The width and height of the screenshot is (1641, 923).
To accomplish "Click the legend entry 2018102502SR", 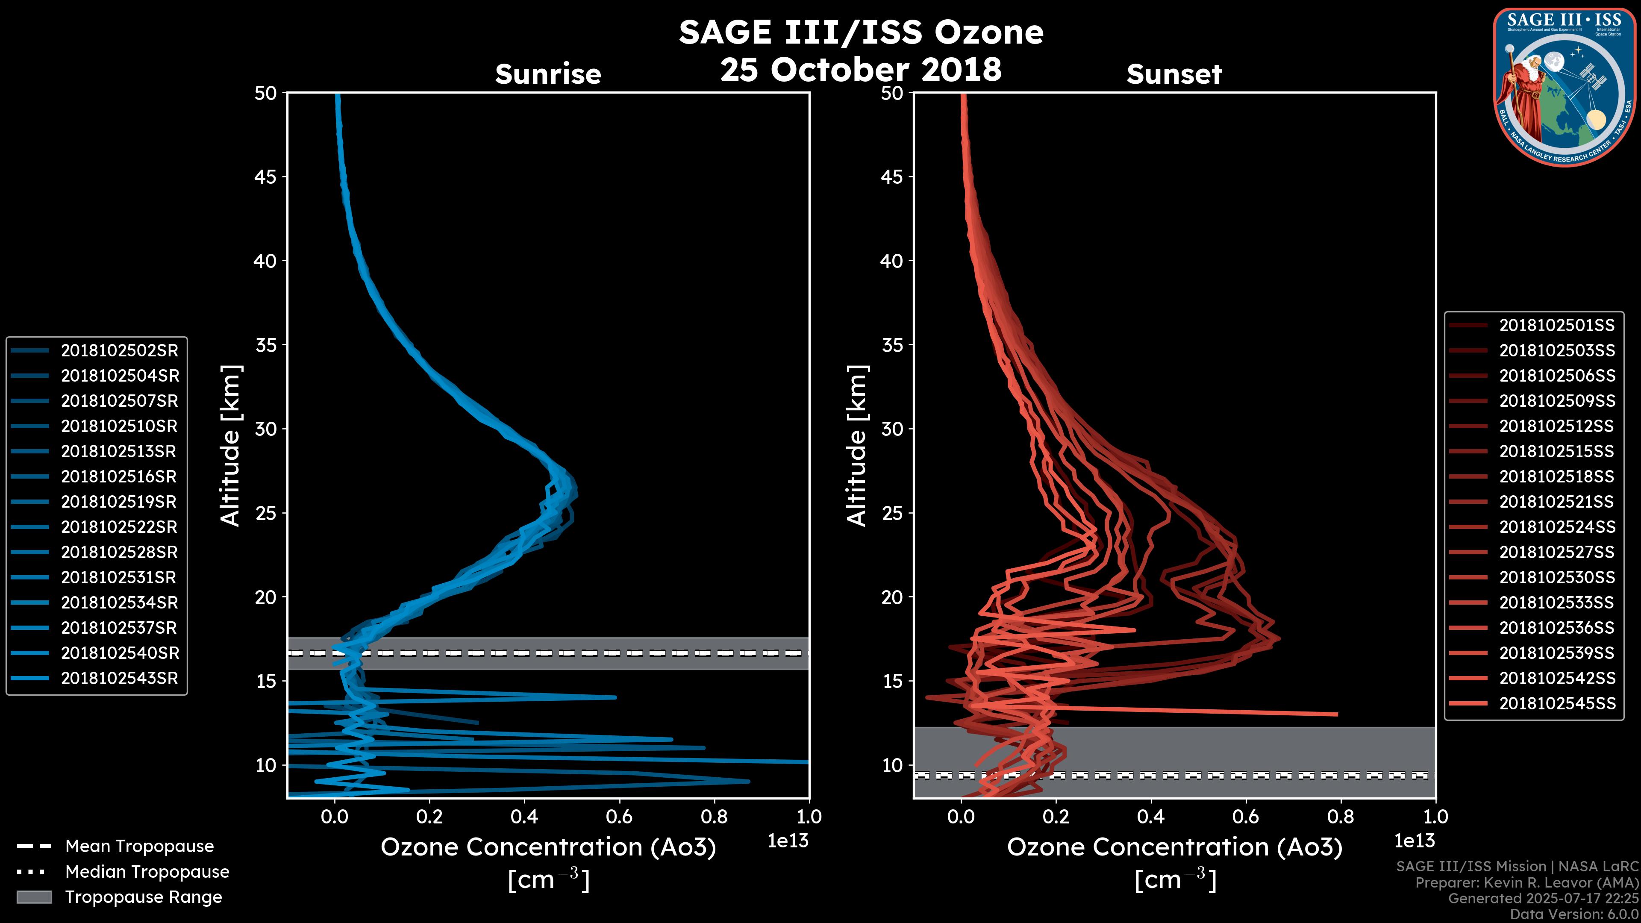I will tap(120, 350).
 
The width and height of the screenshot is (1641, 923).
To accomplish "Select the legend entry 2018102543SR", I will tap(120, 679).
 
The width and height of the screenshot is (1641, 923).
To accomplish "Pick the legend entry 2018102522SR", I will tap(120, 527).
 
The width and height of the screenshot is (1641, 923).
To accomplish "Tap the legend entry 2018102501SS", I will tap(1557, 326).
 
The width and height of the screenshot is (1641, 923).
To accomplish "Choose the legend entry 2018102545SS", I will tap(1557, 703).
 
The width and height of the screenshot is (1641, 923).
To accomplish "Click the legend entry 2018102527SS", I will tap(1557, 552).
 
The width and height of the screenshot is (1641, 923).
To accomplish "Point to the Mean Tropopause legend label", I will tap(139, 846).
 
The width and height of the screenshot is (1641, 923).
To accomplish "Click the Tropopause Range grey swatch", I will tap(34, 897).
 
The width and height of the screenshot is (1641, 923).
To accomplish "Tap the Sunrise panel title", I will tap(548, 74).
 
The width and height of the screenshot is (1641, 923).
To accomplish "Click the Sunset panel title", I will tap(1174, 74).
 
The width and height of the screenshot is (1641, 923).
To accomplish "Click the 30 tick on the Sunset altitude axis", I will tap(892, 429).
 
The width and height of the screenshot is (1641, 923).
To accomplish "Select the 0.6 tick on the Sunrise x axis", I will tap(619, 817).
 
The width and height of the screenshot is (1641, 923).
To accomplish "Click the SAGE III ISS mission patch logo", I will tap(1565, 87).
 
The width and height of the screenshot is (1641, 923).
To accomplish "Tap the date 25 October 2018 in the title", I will tap(861, 69).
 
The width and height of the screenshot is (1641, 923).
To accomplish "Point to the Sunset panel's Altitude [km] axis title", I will tap(857, 445).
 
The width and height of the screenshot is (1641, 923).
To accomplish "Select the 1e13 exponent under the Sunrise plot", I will tap(788, 841).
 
